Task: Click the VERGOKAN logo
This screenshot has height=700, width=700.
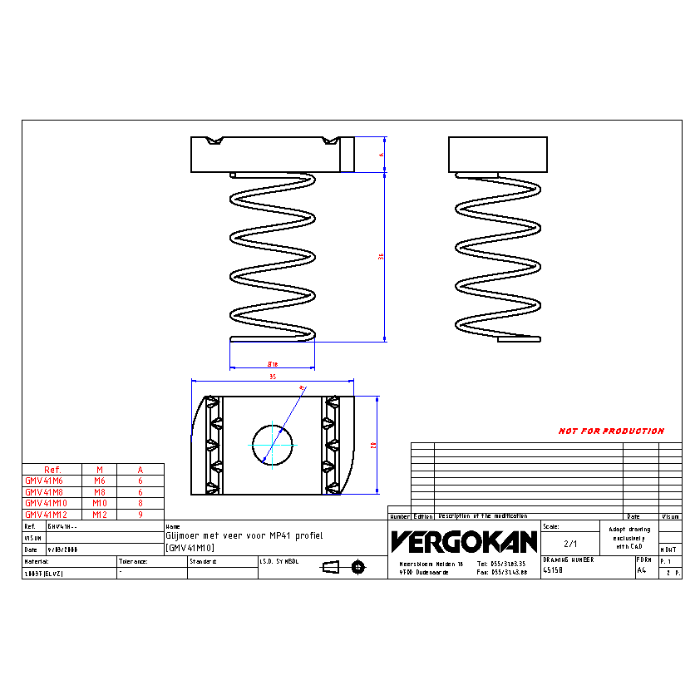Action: tap(464, 541)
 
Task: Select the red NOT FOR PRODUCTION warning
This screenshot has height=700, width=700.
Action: tap(611, 431)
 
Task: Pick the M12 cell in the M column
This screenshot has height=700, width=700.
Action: tap(100, 515)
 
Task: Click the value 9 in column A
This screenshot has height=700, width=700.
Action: tap(140, 515)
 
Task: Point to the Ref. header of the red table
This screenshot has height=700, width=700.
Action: tap(52, 469)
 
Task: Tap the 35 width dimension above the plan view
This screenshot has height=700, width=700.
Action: tap(272, 377)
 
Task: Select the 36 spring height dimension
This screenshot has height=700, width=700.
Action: tap(381, 257)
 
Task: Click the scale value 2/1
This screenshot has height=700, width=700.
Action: tap(569, 544)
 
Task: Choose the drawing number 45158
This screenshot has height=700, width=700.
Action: tap(554, 571)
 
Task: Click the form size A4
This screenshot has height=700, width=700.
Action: tap(641, 571)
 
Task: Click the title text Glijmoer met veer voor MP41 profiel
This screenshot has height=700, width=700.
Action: tap(243, 536)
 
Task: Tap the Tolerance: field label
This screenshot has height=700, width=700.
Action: tap(133, 561)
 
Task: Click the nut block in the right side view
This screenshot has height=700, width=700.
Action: tap(497, 154)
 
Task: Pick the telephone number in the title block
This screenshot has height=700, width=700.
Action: tap(501, 564)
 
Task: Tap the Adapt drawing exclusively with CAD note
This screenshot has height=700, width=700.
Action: tap(629, 537)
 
